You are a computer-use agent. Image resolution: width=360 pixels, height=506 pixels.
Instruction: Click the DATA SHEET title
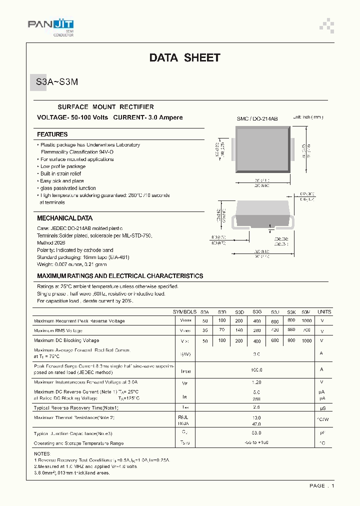184,58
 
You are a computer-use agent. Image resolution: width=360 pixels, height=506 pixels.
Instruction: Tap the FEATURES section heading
52,134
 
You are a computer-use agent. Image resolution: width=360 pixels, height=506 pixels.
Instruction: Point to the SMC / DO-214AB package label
257,118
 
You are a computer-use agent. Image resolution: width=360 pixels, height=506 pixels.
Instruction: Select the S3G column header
257,311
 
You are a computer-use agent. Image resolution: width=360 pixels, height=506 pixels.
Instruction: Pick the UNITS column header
324,311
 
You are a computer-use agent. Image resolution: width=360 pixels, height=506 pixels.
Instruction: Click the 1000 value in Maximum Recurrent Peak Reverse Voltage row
306,320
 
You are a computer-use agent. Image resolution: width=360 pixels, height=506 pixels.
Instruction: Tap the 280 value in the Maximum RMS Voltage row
257,330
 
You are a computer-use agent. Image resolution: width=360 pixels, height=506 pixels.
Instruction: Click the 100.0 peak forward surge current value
256,370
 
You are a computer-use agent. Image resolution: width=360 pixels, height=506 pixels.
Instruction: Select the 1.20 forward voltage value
256,381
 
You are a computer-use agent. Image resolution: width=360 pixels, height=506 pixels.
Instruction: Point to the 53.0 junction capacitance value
256,433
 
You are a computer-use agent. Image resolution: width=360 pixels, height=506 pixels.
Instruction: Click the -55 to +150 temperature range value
256,443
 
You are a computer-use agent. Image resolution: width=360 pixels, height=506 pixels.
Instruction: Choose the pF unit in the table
322,433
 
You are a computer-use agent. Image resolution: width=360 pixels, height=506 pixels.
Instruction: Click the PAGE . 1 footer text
321,485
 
